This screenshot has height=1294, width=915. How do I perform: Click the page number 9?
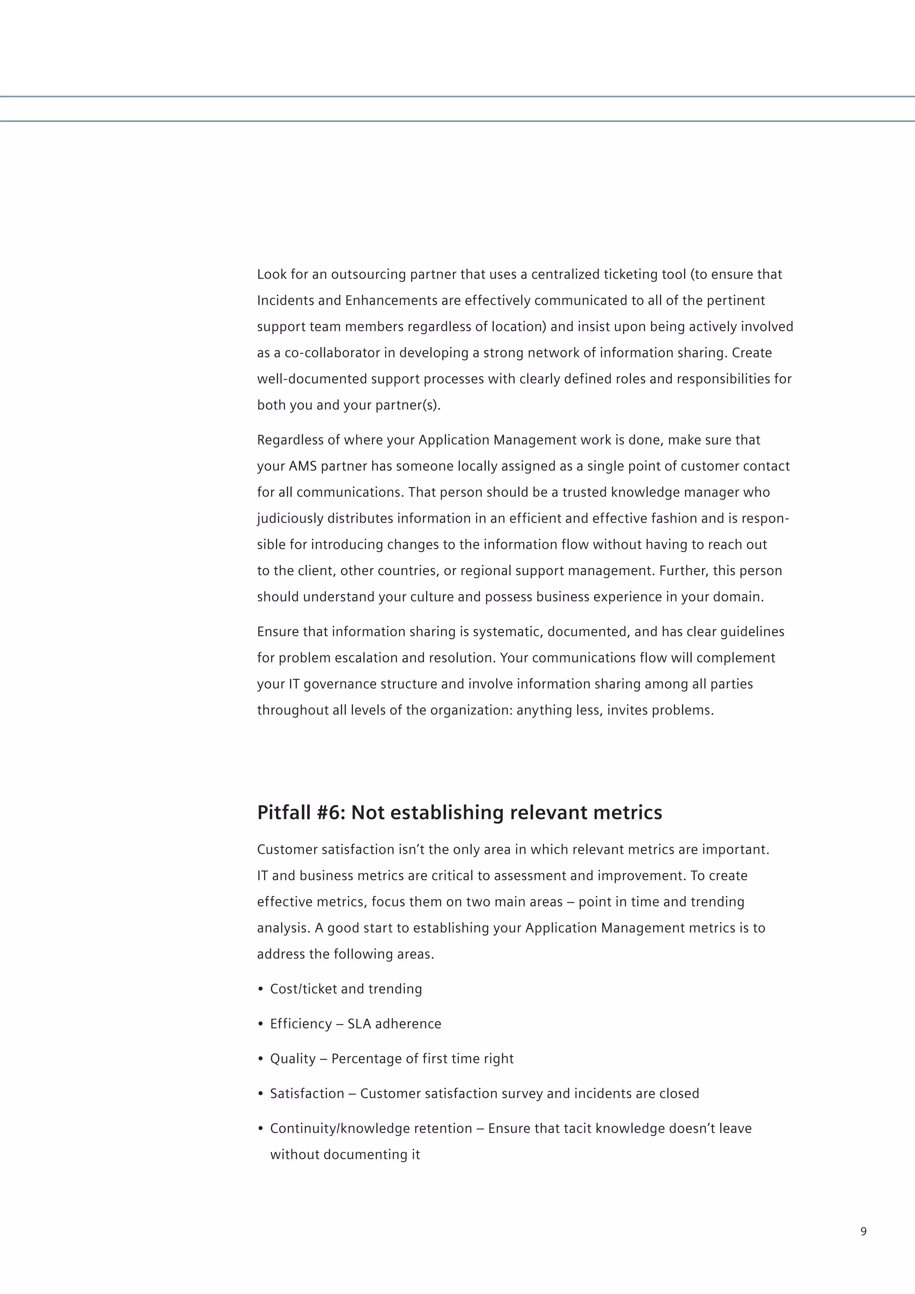(x=863, y=1231)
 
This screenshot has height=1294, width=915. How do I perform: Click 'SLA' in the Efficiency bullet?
(x=359, y=1024)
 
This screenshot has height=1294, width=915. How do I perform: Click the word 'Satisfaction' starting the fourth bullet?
(x=307, y=1094)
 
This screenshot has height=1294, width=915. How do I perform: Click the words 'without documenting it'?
(x=345, y=1155)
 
